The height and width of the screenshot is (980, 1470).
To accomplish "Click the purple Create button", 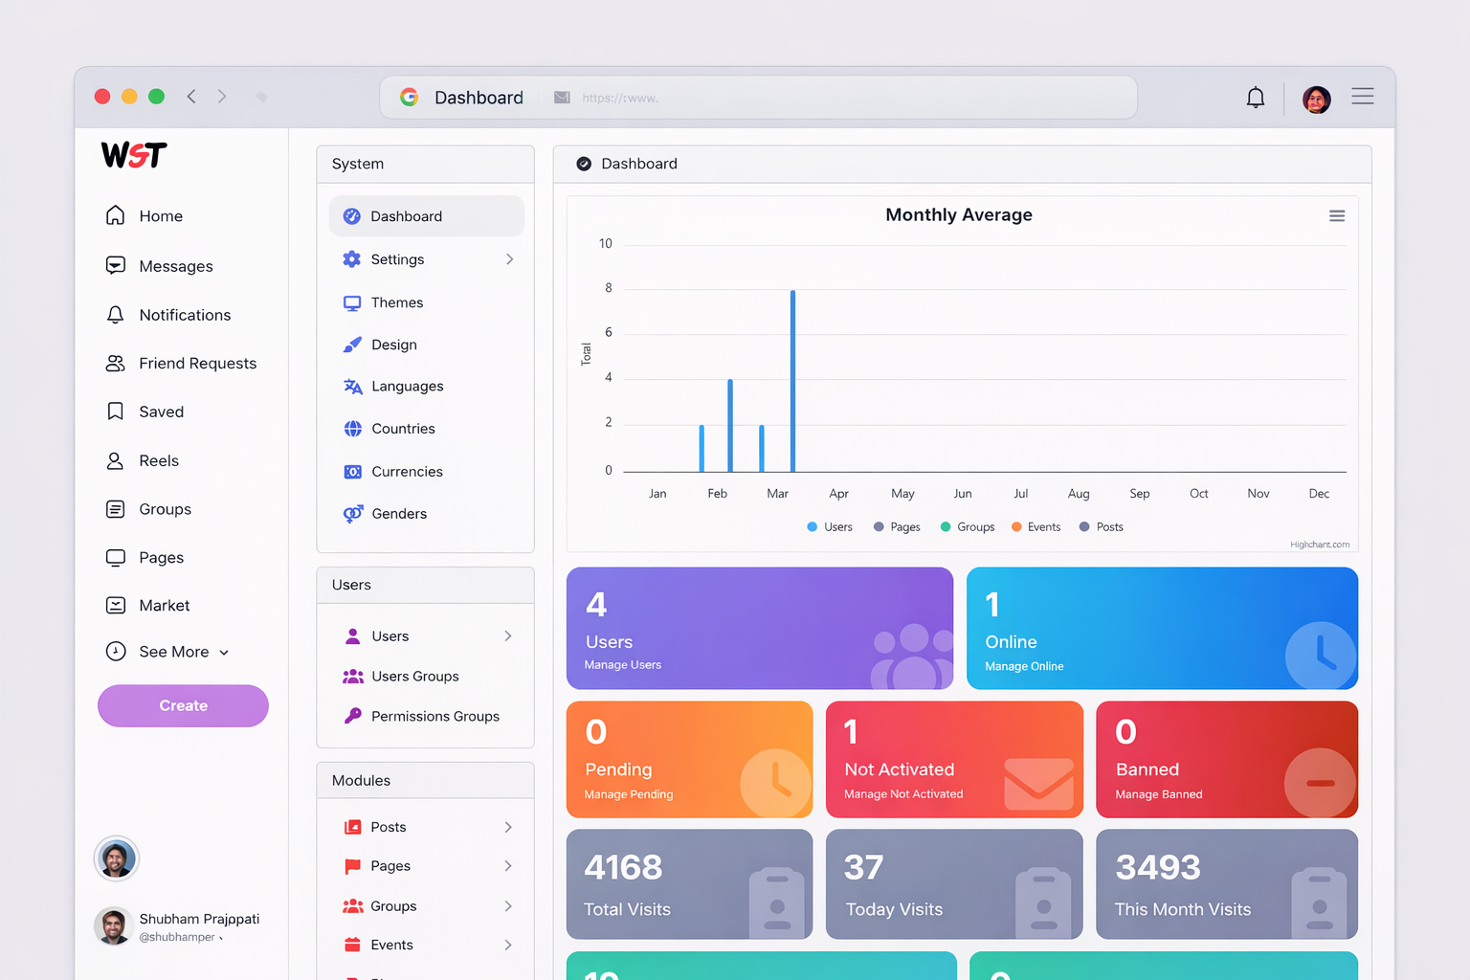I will pyautogui.click(x=183, y=705).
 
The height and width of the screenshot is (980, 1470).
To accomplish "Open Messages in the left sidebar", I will pyautogui.click(x=175, y=266).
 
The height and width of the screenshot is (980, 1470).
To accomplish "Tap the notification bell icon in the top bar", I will pyautogui.click(x=1255, y=98).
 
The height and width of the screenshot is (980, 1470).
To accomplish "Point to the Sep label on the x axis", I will pyautogui.click(x=1139, y=494).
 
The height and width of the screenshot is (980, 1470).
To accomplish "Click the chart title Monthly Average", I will pyautogui.click(x=958, y=215).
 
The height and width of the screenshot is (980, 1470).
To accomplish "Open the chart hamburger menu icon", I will pyautogui.click(x=1337, y=216).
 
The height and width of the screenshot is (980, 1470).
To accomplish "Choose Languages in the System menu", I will pyautogui.click(x=407, y=387).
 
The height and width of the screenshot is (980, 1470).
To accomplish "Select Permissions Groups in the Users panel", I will pyautogui.click(x=434, y=717).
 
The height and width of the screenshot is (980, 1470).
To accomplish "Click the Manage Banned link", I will pyautogui.click(x=1158, y=794).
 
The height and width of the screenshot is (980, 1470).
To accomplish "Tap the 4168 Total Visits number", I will pyautogui.click(x=623, y=868).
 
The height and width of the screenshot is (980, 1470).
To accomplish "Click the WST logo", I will pyautogui.click(x=134, y=155).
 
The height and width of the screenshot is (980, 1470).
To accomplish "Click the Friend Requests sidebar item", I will pyautogui.click(x=197, y=364).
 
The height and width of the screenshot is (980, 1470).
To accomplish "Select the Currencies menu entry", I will pyautogui.click(x=407, y=472).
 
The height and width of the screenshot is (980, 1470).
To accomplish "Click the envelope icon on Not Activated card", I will pyautogui.click(x=1038, y=784).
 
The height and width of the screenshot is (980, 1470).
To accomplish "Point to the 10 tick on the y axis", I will pyautogui.click(x=605, y=244).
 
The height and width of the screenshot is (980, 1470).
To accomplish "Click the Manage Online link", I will pyautogui.click(x=1024, y=666).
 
